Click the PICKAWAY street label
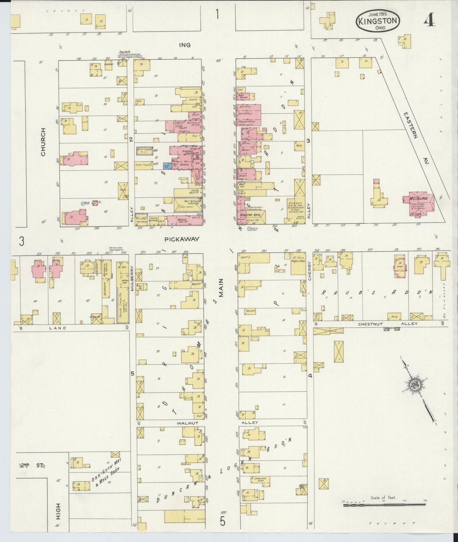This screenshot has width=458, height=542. [x=182, y=239]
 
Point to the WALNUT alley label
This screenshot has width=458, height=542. [x=188, y=423]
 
